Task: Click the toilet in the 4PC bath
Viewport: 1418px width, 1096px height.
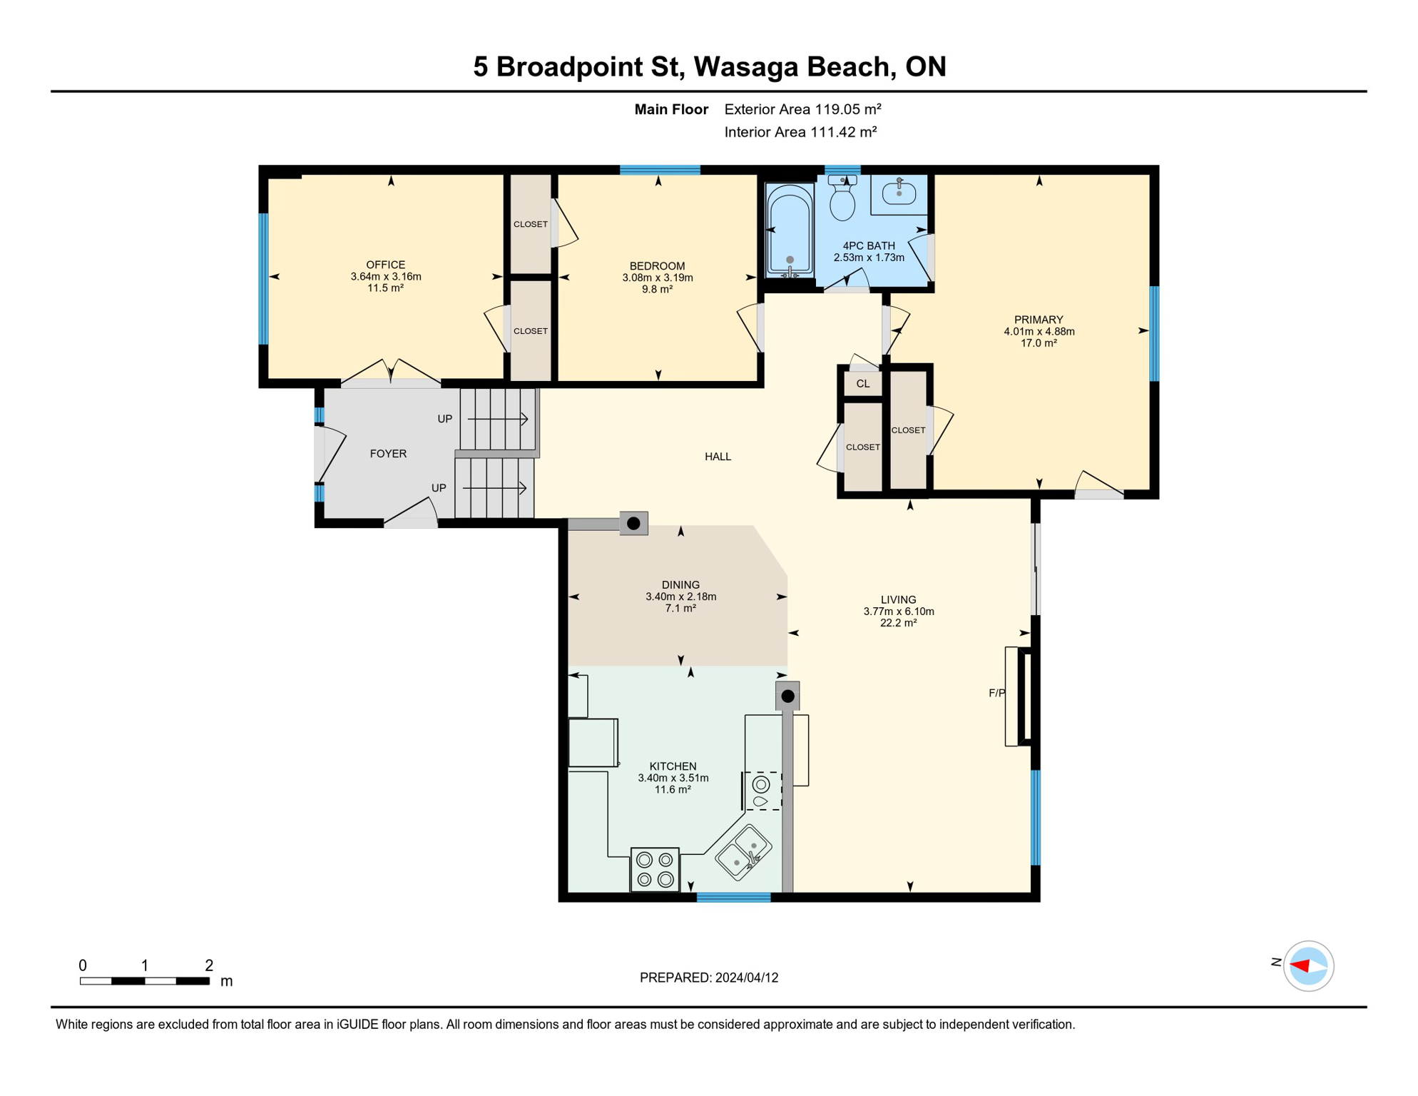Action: click(842, 201)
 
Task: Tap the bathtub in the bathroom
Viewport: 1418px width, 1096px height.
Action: click(790, 230)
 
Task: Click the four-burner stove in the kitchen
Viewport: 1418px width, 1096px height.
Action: click(655, 870)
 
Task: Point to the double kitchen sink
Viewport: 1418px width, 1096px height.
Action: click(744, 852)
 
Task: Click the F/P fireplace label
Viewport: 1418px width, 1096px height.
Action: click(996, 693)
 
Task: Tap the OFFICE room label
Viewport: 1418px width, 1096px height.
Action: click(385, 265)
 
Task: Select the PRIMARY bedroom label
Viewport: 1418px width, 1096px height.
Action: click(1039, 320)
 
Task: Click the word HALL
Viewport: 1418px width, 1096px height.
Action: click(718, 457)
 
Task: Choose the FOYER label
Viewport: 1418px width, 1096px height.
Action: click(388, 454)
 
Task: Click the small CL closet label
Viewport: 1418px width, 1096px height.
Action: click(863, 384)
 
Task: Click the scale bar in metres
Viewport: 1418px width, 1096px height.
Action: click(145, 981)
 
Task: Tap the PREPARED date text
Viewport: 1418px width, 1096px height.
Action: click(708, 978)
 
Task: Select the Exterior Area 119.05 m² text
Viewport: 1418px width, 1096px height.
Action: click(802, 109)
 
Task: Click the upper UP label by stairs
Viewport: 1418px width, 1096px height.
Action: click(444, 419)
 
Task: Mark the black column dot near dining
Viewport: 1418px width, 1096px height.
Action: click(633, 524)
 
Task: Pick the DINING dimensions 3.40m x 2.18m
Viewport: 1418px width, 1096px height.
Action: click(680, 597)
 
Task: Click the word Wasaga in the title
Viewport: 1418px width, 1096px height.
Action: click(746, 66)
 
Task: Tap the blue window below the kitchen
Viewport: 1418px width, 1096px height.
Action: click(733, 898)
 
